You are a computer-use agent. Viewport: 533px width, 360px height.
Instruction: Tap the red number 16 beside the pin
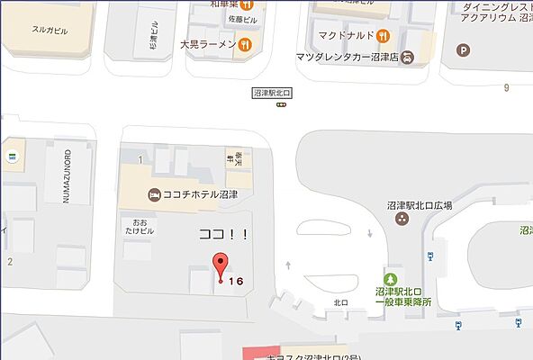pyautogui.click(x=236, y=282)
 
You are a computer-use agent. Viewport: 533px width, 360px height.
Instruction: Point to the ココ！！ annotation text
pyautogui.click(x=222, y=234)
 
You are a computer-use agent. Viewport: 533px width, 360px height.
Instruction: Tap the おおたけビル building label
pyautogui.click(x=139, y=225)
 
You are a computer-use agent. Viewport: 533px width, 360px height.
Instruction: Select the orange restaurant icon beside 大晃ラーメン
pyautogui.click(x=245, y=43)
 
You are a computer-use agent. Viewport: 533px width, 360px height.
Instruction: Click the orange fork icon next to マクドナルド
pyautogui.click(x=384, y=36)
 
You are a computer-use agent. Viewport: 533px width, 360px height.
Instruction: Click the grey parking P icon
pyautogui.click(x=465, y=50)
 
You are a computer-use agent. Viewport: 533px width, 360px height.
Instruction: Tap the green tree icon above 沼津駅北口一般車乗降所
pyautogui.click(x=392, y=276)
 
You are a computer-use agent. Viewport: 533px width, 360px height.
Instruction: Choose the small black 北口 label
pyautogui.click(x=340, y=303)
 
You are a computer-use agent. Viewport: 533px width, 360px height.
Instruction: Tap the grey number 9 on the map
pyautogui.click(x=507, y=87)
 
